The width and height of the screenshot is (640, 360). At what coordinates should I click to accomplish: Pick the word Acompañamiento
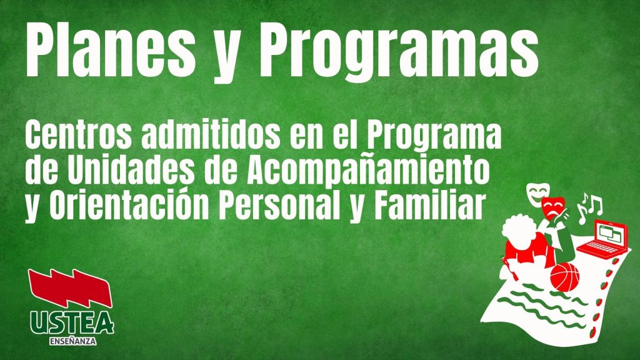[368, 171]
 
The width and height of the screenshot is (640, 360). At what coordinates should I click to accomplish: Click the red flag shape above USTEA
[70, 288]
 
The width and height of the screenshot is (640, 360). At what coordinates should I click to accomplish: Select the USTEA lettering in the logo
[72, 323]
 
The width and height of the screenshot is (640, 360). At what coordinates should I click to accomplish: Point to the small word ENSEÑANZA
[72, 341]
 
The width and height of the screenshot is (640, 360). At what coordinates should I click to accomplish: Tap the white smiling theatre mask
[537, 194]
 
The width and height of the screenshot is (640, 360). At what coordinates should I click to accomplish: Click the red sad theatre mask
[553, 209]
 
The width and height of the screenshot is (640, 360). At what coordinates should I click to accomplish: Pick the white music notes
[589, 208]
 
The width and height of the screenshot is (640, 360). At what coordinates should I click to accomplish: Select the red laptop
[602, 239]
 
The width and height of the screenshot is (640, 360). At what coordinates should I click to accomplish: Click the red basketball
[565, 277]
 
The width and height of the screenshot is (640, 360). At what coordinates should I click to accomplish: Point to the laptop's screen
[611, 234]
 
